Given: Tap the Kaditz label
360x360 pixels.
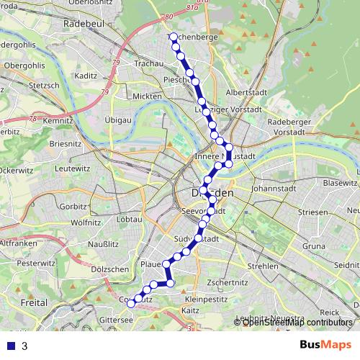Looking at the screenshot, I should [86, 75].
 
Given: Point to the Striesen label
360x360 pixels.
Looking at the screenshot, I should [312, 213].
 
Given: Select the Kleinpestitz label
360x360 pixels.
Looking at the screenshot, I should [205, 297].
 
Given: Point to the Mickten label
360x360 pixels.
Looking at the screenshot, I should [147, 96].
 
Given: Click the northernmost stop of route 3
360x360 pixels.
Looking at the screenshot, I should [174, 36].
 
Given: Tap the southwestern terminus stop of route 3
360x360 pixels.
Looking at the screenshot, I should [130, 305].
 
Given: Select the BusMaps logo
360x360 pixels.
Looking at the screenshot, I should [325, 345].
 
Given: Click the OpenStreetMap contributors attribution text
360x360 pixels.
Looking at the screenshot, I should [297, 323].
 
